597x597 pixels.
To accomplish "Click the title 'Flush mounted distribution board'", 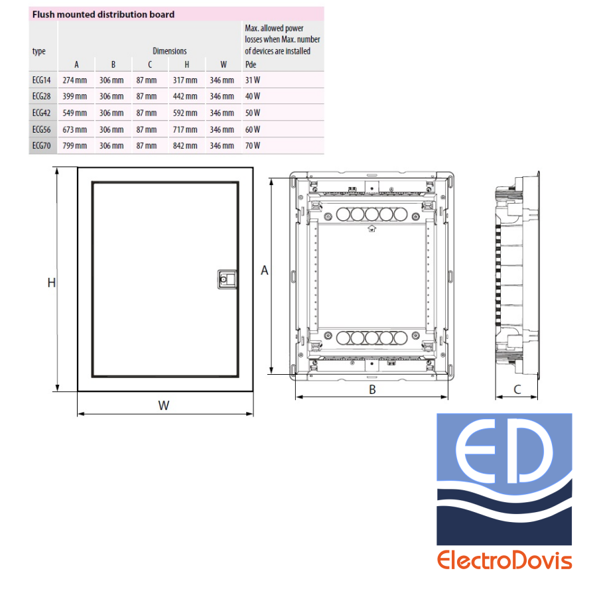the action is [103, 15].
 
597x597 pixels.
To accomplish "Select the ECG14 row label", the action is [42, 80].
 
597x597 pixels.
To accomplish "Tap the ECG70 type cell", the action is [42, 145].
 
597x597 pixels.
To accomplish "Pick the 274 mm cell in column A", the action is [74, 80].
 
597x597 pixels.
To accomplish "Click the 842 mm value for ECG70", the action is [185, 145].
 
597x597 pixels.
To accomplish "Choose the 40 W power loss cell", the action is [253, 96].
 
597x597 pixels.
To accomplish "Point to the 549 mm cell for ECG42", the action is [74, 113].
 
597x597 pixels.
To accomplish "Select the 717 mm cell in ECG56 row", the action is [185, 129].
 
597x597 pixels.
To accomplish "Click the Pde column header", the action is [251, 64].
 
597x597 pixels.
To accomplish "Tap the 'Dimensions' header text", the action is [170, 51].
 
